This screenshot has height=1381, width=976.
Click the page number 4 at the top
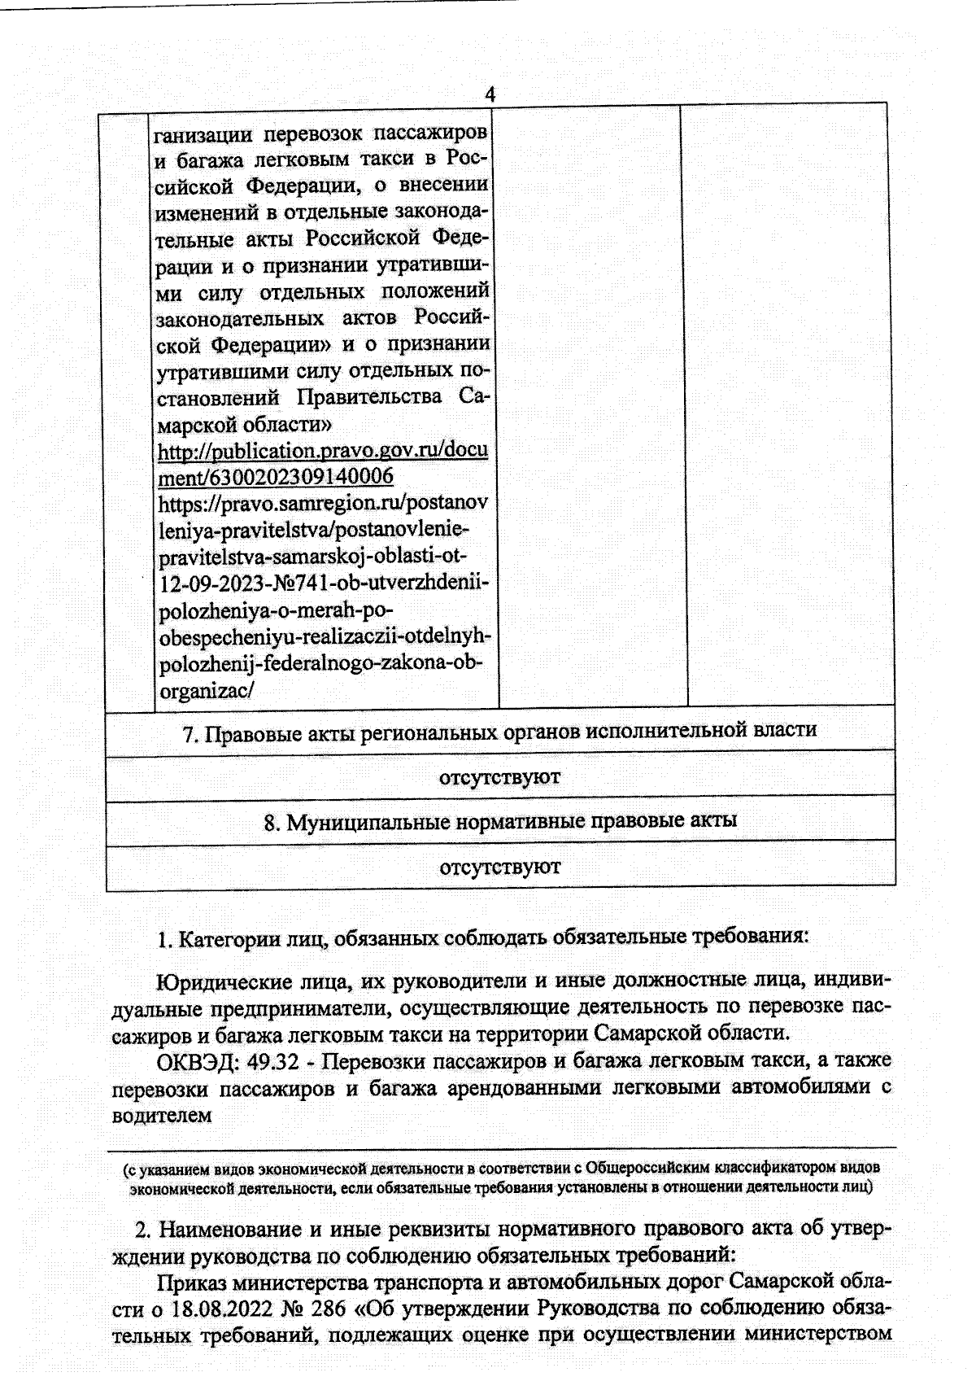(x=490, y=94)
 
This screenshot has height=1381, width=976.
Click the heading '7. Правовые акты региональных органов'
(x=499, y=731)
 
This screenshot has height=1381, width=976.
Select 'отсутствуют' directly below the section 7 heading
(x=499, y=776)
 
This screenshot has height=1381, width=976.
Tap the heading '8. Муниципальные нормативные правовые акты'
(x=499, y=821)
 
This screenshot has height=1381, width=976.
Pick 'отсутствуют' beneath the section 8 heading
(x=499, y=867)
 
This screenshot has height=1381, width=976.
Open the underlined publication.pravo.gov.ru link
(x=322, y=451)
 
